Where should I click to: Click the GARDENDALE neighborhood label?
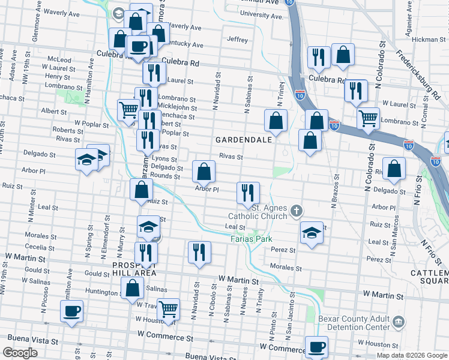pyautogui.click(x=245, y=139)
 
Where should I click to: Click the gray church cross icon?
pyautogui.click(x=295, y=211)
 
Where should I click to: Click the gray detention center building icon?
pyautogui.click(x=399, y=323)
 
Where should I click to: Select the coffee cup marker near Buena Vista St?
pyautogui.click(x=71, y=311)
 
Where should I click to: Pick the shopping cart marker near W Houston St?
pyautogui.click(x=169, y=310)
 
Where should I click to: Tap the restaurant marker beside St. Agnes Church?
pyautogui.click(x=248, y=193)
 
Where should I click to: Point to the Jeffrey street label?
pyautogui.click(x=238, y=40)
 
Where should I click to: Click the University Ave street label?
pyautogui.click(x=261, y=14)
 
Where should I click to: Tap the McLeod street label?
pyautogui.click(x=59, y=59)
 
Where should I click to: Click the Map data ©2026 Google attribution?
pyautogui.click(x=411, y=355)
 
